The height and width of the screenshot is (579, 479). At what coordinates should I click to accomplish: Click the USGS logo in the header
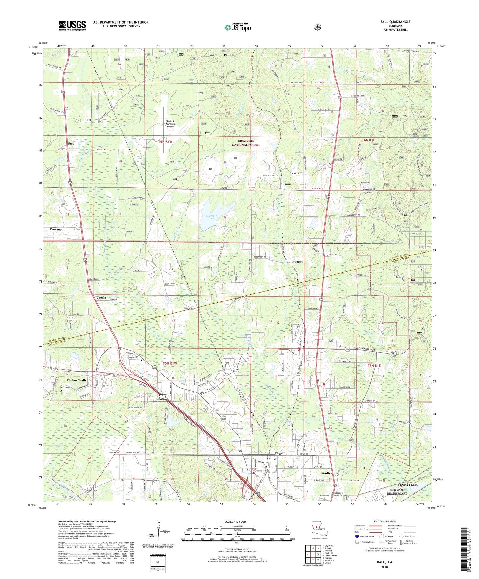point(72,25)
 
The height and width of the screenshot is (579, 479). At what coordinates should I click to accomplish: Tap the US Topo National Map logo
point(238,27)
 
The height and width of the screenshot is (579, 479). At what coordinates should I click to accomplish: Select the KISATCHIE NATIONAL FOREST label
point(246,142)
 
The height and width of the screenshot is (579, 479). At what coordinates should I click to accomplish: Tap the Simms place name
point(286,184)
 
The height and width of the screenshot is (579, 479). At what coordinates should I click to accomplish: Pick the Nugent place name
point(297,262)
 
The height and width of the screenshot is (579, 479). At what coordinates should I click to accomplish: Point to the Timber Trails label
point(76,380)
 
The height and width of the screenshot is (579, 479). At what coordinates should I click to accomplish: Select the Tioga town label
point(279,453)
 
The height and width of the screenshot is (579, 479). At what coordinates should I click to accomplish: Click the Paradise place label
point(325,473)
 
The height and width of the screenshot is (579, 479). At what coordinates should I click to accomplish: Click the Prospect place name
point(56,229)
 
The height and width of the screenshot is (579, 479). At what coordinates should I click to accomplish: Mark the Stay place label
point(71,144)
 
